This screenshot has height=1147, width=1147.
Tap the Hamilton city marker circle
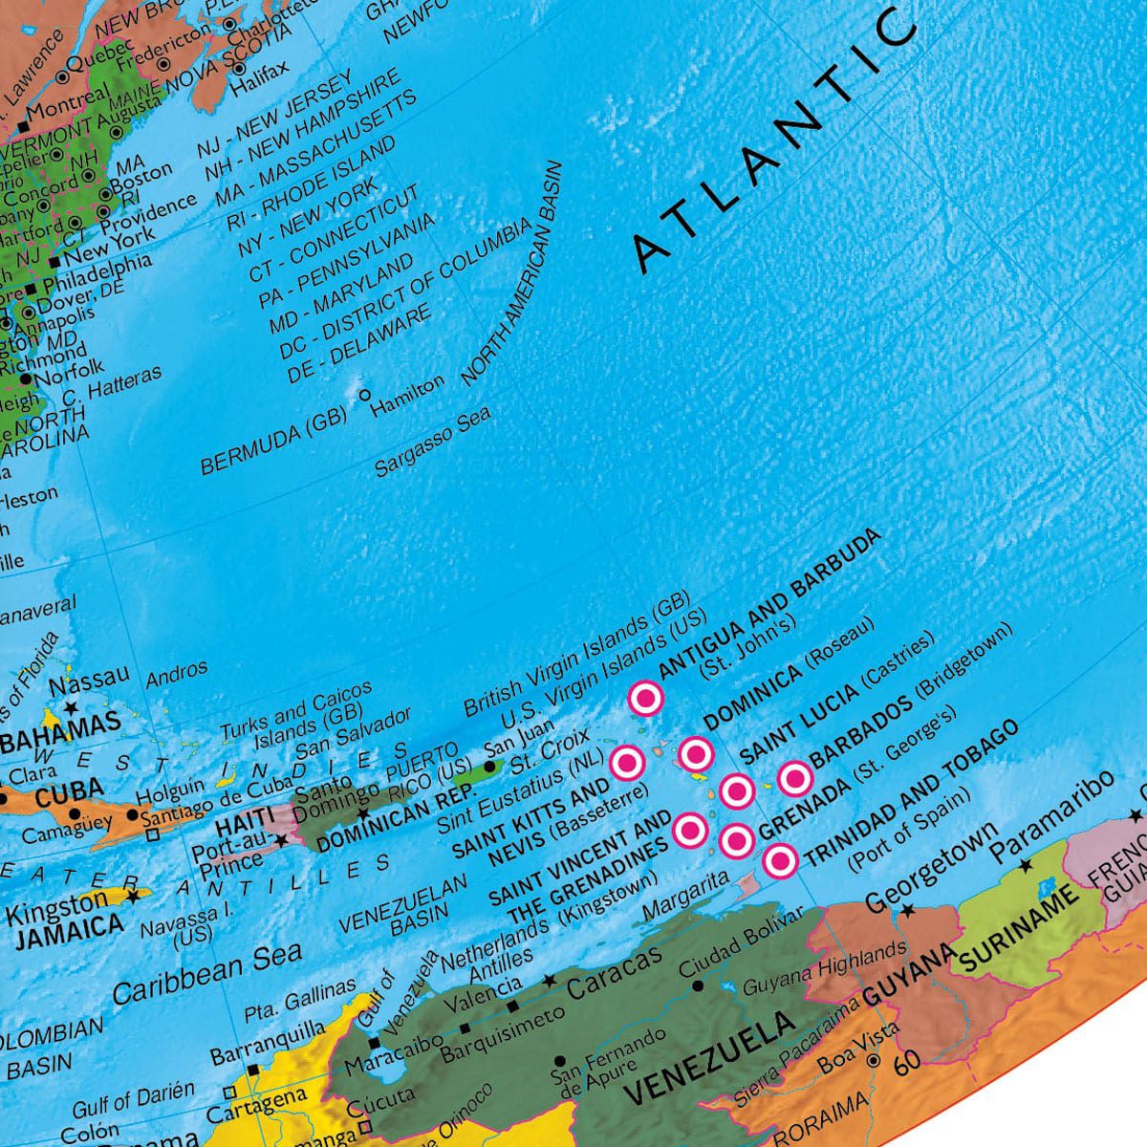tap(364, 393)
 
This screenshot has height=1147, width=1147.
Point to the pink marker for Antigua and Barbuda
tap(646, 699)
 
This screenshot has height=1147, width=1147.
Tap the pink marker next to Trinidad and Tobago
tap(780, 862)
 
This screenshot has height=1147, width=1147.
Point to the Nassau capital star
tap(70, 708)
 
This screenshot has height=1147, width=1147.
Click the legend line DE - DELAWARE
tap(359, 345)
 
